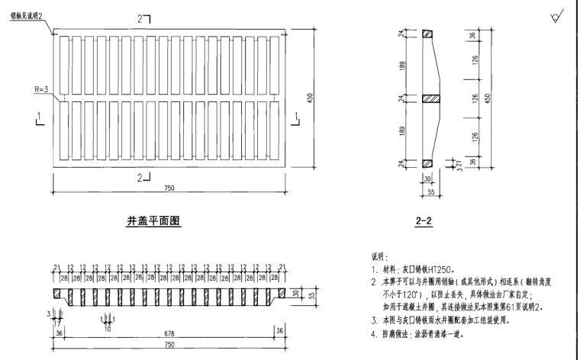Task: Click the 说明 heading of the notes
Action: tap(380, 258)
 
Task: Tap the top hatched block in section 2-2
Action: tap(427, 34)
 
